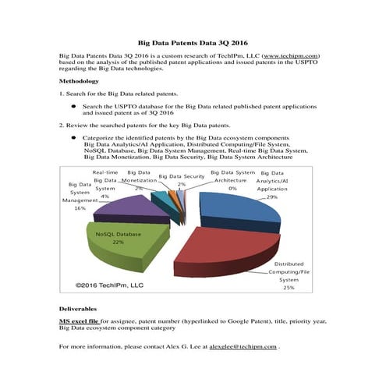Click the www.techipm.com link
(x=289, y=56)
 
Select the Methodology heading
(x=79, y=81)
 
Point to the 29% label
(x=271, y=197)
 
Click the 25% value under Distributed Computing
(x=289, y=288)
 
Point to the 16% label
(x=80, y=208)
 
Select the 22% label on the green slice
(x=119, y=243)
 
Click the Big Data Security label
(x=181, y=176)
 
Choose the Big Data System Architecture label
(x=233, y=175)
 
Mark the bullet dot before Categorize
(x=73, y=137)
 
